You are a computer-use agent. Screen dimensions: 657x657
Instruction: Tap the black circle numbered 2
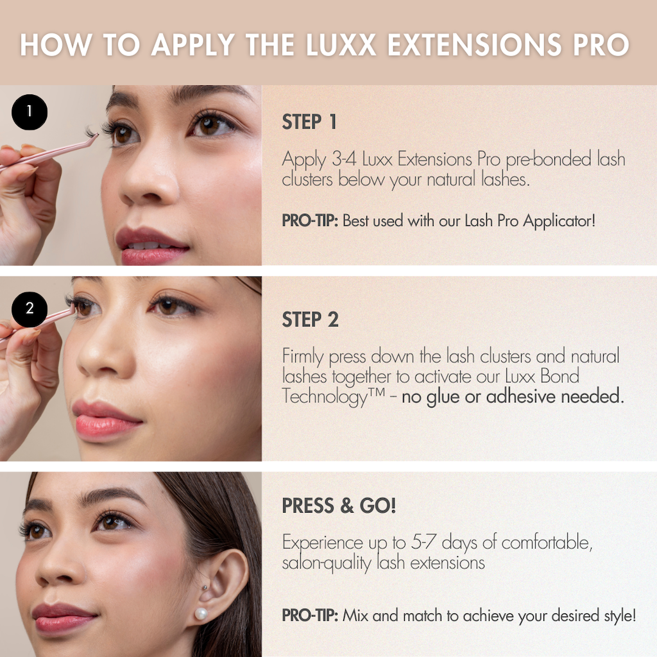coord(29,309)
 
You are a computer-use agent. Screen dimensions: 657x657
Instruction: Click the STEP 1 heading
coord(309,122)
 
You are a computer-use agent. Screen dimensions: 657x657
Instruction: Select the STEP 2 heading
coord(310,319)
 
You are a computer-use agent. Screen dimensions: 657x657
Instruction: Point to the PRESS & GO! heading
coord(339,506)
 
